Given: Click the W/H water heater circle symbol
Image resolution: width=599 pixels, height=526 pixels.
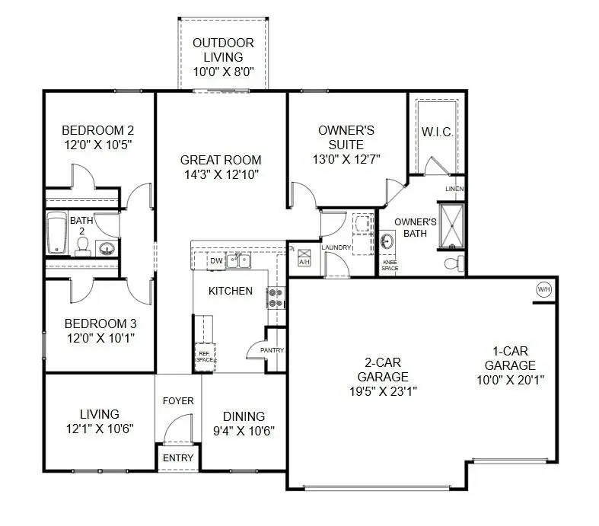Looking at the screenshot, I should click(x=543, y=289).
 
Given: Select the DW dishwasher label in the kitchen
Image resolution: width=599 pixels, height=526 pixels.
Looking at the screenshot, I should click(x=215, y=261).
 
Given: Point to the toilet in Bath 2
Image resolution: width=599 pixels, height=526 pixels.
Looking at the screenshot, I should click(x=82, y=246).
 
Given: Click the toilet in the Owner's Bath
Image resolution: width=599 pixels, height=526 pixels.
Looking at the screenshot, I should click(x=453, y=263).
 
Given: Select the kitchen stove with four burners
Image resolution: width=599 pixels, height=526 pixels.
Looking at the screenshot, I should click(x=275, y=298).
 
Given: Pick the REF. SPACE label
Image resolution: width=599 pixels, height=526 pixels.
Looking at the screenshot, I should click(x=205, y=356).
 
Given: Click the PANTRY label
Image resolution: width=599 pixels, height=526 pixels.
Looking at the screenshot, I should click(x=272, y=350).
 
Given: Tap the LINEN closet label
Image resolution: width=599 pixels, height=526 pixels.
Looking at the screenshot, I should click(x=454, y=189).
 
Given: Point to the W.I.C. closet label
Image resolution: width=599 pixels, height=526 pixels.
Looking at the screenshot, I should click(x=437, y=132).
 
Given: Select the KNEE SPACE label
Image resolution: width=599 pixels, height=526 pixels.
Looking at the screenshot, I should click(x=389, y=265).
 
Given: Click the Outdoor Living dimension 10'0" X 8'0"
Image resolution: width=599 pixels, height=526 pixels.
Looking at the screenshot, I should click(x=222, y=72).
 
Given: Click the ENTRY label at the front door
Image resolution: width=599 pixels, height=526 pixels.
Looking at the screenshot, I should click(x=178, y=457).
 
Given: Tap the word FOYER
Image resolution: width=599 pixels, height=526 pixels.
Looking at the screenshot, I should click(x=178, y=400).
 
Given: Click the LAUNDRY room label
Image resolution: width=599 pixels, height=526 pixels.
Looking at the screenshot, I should click(x=335, y=247).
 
